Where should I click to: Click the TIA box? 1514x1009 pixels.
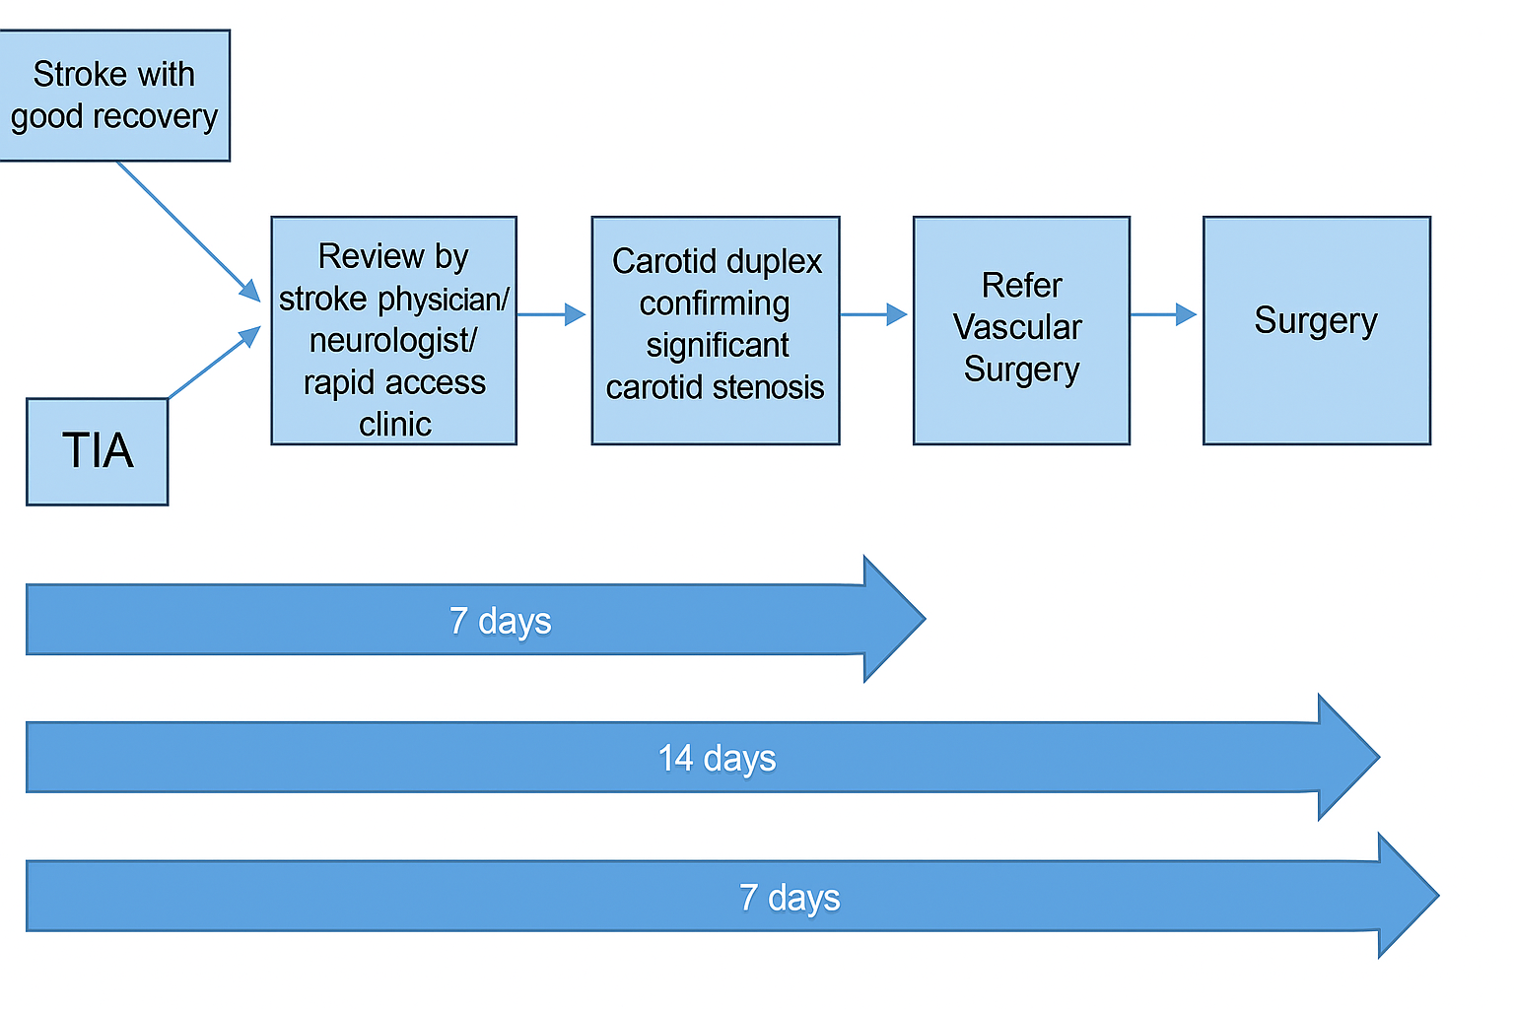(x=98, y=451)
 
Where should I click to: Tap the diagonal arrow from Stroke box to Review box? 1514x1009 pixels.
(x=188, y=232)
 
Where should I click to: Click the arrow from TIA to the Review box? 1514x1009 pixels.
(x=214, y=363)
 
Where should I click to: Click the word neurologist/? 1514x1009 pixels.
(x=392, y=341)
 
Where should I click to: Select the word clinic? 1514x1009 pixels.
(x=394, y=425)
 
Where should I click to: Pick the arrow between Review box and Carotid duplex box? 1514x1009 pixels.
(x=552, y=314)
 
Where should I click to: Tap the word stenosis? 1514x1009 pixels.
(x=769, y=388)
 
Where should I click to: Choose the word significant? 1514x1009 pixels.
(x=718, y=346)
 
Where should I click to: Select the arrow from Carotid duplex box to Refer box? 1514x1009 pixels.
(x=873, y=314)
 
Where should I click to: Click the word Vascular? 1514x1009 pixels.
(x=1017, y=327)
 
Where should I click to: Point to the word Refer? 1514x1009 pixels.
(x=1021, y=285)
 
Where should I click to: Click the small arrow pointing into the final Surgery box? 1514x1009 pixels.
(x=1163, y=314)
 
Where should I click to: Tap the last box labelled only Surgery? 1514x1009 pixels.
(x=1317, y=330)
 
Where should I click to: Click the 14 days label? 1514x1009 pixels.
(x=717, y=759)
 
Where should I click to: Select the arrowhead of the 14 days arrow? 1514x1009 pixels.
(x=1348, y=757)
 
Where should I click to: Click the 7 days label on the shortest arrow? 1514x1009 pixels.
(x=500, y=621)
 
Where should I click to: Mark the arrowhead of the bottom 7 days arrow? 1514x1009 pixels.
(x=1409, y=896)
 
